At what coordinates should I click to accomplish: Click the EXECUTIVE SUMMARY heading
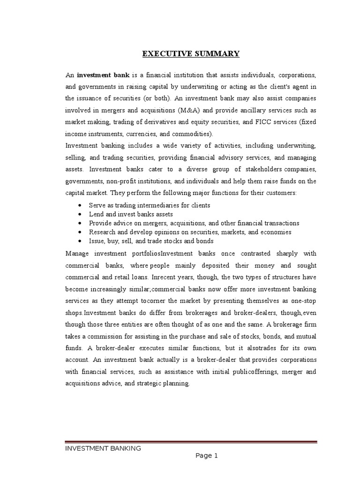point(191,54)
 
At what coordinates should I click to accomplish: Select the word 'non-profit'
point(120,181)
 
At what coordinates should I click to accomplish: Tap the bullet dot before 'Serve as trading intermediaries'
point(82,206)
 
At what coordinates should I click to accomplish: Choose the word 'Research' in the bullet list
point(102,232)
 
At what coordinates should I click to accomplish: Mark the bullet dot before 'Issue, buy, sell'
point(82,241)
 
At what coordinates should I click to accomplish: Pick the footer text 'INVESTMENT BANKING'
point(103,449)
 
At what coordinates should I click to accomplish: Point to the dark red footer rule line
point(191,442)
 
